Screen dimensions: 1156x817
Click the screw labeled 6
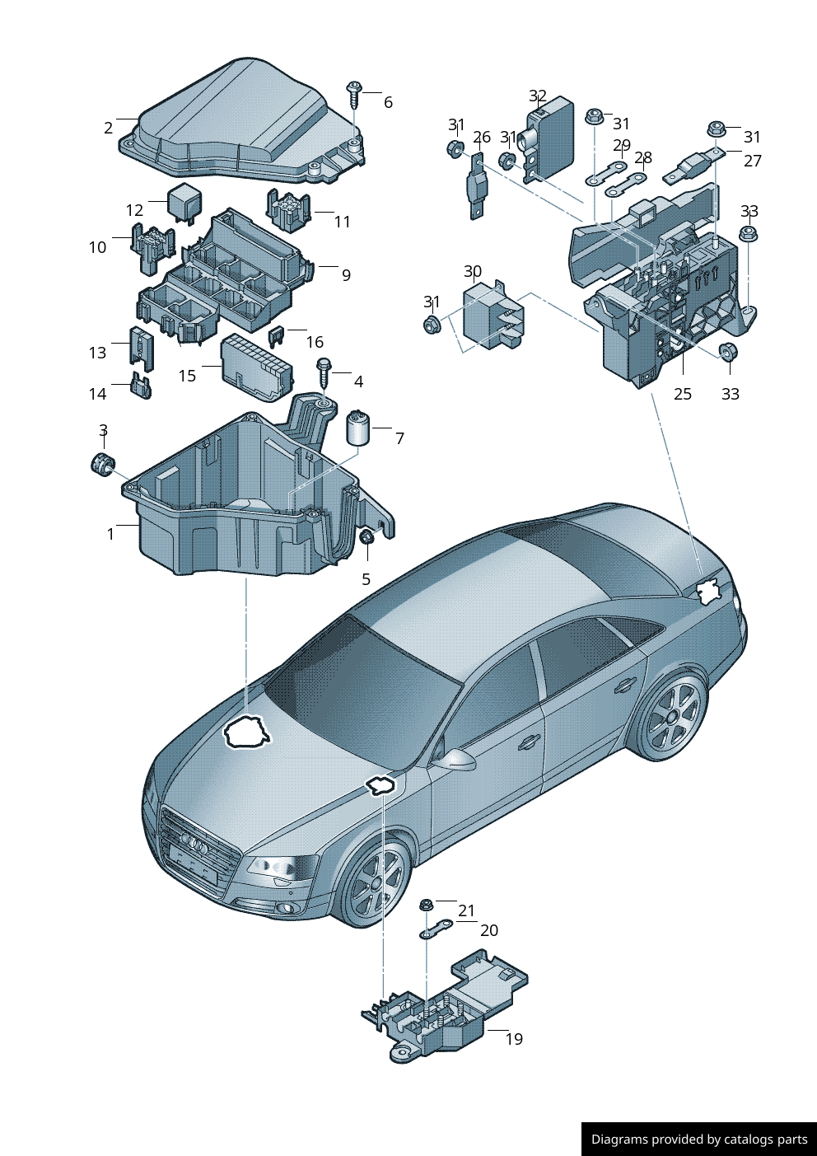point(355,93)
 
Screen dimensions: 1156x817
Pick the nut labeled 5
point(366,538)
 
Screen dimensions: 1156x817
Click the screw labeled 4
point(324,369)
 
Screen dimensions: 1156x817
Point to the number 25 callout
point(682,394)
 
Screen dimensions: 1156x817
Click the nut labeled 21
point(426,905)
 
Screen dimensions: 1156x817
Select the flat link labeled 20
point(437,930)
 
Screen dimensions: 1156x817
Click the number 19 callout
point(514,1039)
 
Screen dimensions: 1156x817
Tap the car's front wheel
point(376,882)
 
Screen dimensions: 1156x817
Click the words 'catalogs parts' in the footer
point(765,1140)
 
